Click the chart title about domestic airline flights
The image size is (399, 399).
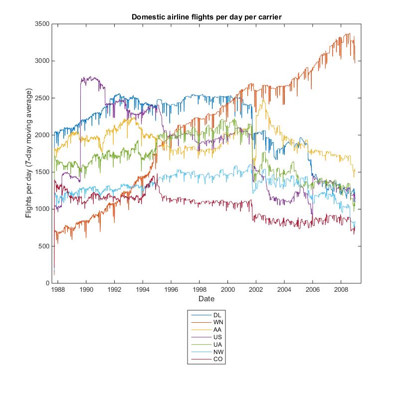tap(206, 17)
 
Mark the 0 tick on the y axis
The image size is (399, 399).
tap(47, 283)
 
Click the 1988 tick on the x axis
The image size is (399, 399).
tap(58, 290)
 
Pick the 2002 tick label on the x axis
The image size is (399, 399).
tap(256, 290)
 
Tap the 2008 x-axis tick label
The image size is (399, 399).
tap(341, 290)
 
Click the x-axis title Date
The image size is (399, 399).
tap(206, 299)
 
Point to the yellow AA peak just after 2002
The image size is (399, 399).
tap(263, 100)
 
